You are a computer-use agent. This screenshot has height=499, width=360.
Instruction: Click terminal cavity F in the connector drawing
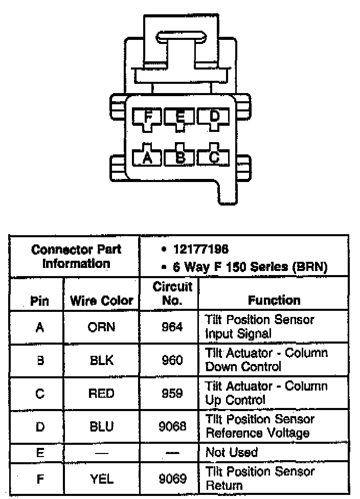148,117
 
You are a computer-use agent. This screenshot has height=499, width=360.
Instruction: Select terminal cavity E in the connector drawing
180,117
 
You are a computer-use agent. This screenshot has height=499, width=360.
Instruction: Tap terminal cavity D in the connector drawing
214,117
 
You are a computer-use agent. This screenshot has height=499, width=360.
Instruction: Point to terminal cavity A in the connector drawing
148,157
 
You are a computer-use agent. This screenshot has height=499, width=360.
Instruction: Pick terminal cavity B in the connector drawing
180,157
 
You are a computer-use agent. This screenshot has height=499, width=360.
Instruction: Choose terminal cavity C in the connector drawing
214,157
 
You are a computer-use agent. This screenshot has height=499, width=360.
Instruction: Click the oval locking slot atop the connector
181,37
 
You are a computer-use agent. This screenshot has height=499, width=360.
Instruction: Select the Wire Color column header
101,301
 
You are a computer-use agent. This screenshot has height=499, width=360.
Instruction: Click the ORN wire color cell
101,327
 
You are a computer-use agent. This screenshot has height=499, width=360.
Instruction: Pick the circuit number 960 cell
172,360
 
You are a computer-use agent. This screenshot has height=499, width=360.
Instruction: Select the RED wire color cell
101,394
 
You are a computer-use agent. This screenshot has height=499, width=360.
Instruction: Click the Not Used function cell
231,452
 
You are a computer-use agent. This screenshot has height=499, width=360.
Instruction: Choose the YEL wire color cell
101,479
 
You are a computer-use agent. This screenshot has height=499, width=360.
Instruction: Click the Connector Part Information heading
76,257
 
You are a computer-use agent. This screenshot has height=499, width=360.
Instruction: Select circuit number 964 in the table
172,327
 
